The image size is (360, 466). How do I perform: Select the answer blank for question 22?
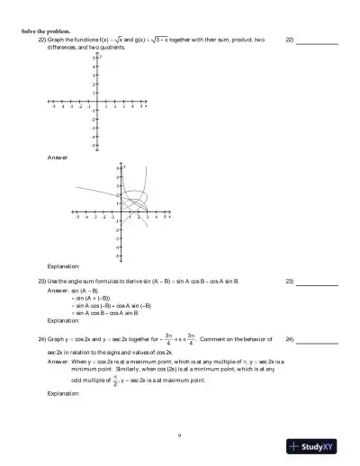(x=318, y=41)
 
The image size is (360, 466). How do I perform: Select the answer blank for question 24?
(x=318, y=340)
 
